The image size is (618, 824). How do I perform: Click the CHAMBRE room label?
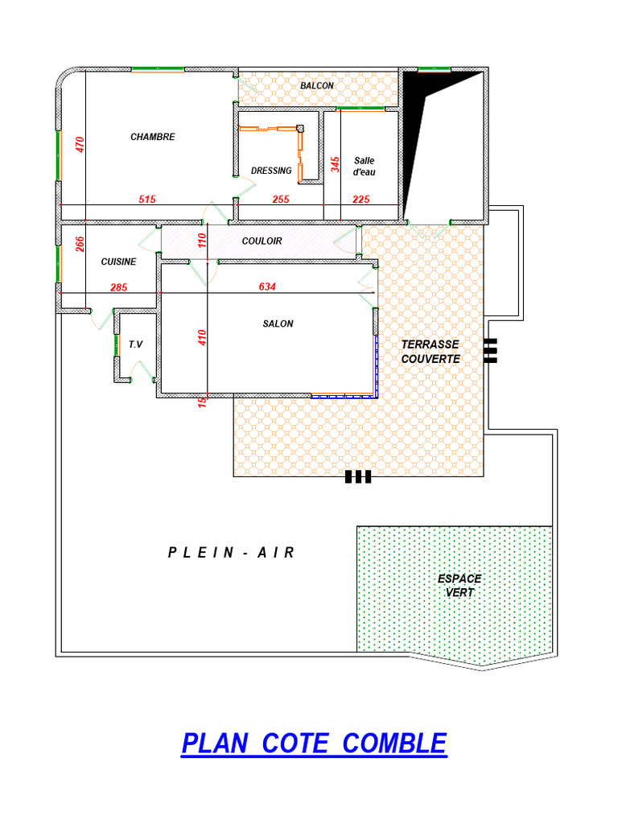click(x=152, y=137)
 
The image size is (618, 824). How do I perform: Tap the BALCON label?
click(x=317, y=85)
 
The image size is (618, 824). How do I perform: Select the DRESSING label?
click(x=271, y=171)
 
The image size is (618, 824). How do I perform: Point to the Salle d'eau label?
click(x=365, y=166)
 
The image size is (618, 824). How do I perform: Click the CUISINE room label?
click(x=119, y=262)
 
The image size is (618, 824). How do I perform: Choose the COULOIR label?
click(x=262, y=241)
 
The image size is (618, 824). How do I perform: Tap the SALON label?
click(x=278, y=323)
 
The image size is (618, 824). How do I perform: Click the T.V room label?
click(x=135, y=344)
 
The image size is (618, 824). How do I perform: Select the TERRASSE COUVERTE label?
click(x=431, y=352)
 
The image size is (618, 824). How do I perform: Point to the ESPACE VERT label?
click(x=459, y=586)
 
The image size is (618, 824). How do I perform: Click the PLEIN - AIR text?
click(x=231, y=552)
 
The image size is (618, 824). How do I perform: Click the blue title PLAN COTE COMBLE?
click(x=315, y=744)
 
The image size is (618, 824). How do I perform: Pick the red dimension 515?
click(x=147, y=200)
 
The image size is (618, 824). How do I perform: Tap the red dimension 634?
click(x=267, y=286)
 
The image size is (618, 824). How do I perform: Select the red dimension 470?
click(x=80, y=145)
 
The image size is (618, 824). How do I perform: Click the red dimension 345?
click(x=336, y=164)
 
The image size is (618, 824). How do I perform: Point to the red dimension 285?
click(x=119, y=287)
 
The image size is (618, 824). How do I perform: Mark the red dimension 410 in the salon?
click(x=202, y=337)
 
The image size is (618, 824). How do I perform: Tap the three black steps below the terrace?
click(x=358, y=476)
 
